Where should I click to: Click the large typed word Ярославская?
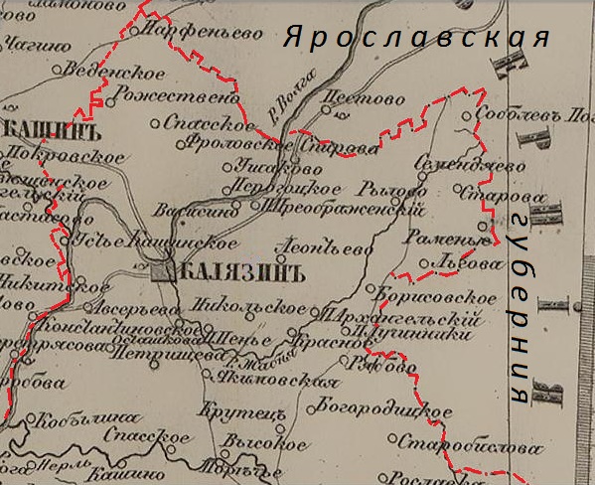coord(416,40)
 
